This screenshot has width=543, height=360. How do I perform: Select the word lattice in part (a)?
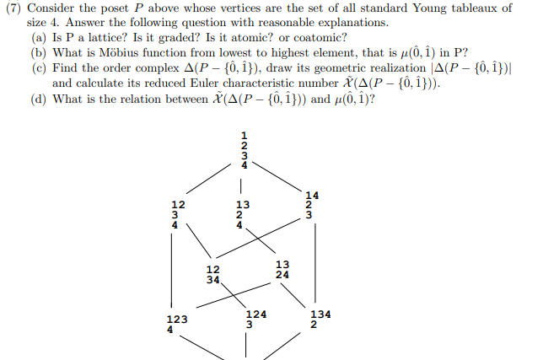[108, 39]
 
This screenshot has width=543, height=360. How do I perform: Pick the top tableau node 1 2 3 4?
[245, 149]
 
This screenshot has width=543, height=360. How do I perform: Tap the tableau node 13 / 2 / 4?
[243, 215]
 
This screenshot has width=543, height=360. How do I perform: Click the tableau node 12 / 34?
[215, 275]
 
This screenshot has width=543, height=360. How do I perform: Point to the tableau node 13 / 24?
[282, 269]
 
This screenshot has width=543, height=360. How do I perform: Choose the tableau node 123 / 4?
[176, 324]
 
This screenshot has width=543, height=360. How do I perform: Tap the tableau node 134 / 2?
[320, 318]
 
